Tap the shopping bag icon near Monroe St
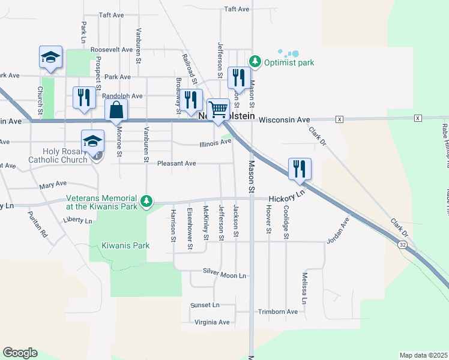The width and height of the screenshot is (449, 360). pyautogui.click(x=116, y=110)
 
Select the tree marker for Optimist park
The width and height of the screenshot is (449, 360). pyautogui.click(x=255, y=61)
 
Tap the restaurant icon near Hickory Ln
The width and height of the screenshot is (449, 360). pyautogui.click(x=300, y=169)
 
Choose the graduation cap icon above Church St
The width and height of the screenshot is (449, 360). pyautogui.click(x=51, y=57)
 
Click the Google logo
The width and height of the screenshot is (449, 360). pyautogui.click(x=20, y=353)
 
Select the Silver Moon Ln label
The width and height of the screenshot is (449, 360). pyautogui.click(x=224, y=275)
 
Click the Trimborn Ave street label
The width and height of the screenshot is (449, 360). pyautogui.click(x=278, y=311)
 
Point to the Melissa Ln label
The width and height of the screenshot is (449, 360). pyautogui.click(x=305, y=287)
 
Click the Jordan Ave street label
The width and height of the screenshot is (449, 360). pyautogui.click(x=338, y=233)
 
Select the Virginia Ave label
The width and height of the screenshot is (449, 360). pyautogui.click(x=212, y=322)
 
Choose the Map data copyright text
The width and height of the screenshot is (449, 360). pyautogui.click(x=424, y=355)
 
